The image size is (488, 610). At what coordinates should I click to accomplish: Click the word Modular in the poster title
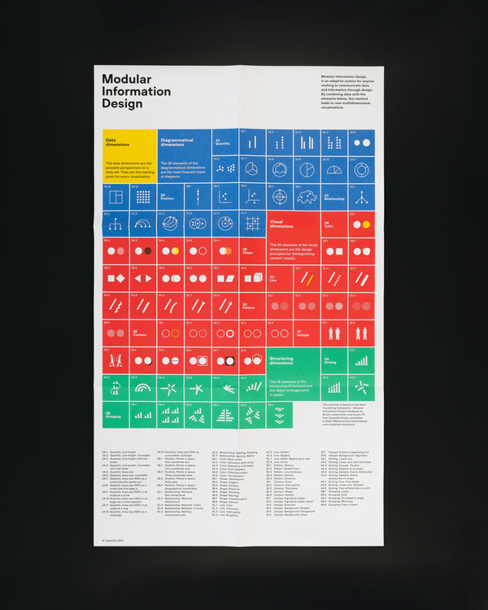(x=125, y=79)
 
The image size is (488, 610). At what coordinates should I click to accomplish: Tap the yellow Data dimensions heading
(x=117, y=140)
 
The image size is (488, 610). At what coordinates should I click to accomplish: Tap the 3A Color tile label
(x=329, y=224)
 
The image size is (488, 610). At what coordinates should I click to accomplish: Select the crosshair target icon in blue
(x=280, y=196)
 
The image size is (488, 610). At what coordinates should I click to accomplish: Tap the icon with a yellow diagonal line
(x=307, y=278)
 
